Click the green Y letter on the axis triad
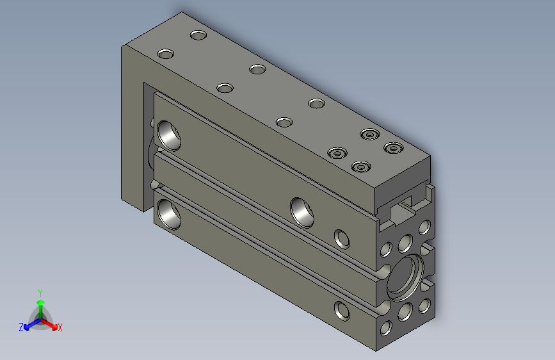(x=40, y=292)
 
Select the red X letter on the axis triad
(x=60, y=328)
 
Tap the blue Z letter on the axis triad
(x=21, y=327)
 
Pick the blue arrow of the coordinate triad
(x=28, y=325)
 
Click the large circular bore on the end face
(x=407, y=276)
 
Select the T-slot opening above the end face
(x=401, y=208)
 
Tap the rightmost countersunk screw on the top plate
(x=392, y=148)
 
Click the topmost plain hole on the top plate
(x=198, y=35)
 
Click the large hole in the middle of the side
(x=302, y=211)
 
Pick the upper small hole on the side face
(x=342, y=238)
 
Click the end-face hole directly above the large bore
(x=405, y=243)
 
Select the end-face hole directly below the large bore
(x=404, y=312)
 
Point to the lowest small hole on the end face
(x=385, y=328)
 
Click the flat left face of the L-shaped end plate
(x=131, y=128)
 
